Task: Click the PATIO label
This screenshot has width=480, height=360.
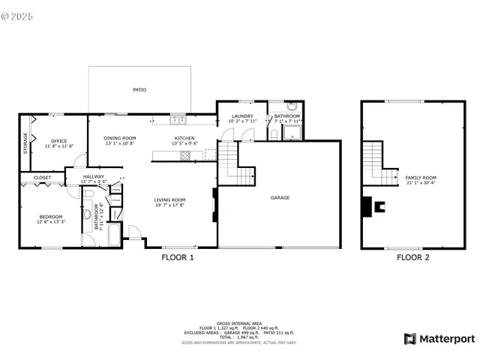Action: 139,89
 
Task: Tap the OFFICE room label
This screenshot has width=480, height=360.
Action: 58,141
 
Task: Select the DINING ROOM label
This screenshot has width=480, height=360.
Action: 119,138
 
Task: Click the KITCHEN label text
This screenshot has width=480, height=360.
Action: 184,138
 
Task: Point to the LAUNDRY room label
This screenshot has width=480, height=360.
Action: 242,116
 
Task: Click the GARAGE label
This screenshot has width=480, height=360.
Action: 280,197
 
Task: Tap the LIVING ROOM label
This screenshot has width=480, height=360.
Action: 169,199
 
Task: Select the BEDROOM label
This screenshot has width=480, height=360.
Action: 50,217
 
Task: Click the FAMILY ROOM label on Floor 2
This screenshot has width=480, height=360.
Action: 421,178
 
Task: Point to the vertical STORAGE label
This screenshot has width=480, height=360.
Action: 25,142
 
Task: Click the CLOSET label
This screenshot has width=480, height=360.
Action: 42,178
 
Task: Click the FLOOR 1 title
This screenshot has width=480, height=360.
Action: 178,257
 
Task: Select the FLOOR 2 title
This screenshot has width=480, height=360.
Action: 413,257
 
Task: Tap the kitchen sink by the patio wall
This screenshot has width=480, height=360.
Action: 178,118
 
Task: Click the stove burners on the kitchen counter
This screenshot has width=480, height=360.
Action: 184,155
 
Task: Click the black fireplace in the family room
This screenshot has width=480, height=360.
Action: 367,205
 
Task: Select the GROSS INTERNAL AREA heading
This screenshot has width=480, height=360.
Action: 239,323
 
